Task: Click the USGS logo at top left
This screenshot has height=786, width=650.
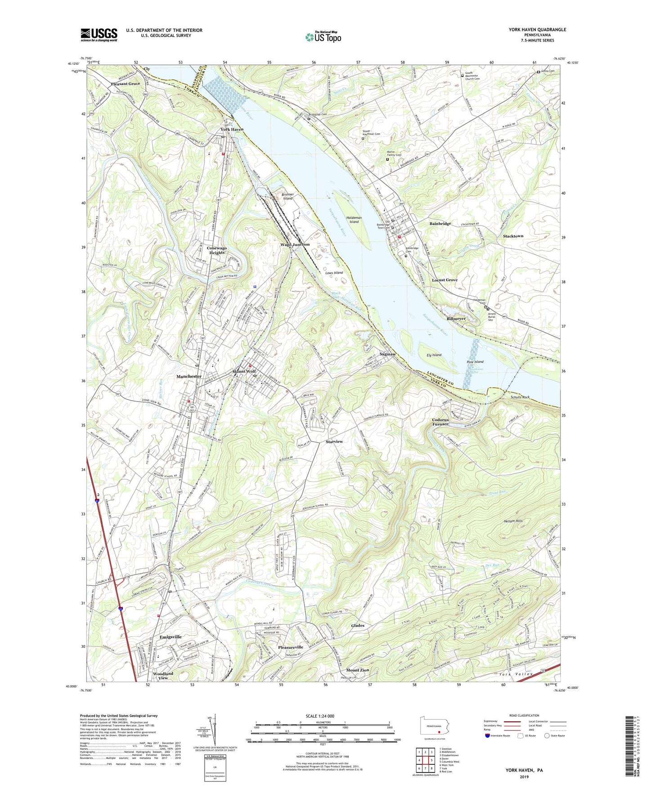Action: point(99,34)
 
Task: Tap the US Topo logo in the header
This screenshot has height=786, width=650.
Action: point(323,37)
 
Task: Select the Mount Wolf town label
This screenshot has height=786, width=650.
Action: point(244,371)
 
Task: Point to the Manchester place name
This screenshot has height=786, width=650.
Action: point(189,376)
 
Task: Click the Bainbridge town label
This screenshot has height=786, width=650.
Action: point(440,224)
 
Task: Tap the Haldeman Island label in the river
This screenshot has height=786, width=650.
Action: point(354,219)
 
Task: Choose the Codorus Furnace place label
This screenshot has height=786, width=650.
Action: point(440,422)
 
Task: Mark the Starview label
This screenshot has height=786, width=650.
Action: point(334,442)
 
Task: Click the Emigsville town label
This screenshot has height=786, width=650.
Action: point(170,637)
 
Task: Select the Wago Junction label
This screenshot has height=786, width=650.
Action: point(295,244)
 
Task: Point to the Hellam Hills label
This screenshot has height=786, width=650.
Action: point(513,521)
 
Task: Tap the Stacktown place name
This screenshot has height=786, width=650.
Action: point(513,236)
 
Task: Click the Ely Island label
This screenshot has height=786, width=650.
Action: point(434,355)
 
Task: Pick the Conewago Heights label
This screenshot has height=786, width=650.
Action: point(217,250)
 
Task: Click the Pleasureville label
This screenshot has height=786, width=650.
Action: point(291,647)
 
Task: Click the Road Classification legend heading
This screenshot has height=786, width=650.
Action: point(524,715)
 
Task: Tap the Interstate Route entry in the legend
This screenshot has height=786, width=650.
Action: point(499,736)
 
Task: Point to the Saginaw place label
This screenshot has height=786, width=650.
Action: point(387,354)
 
